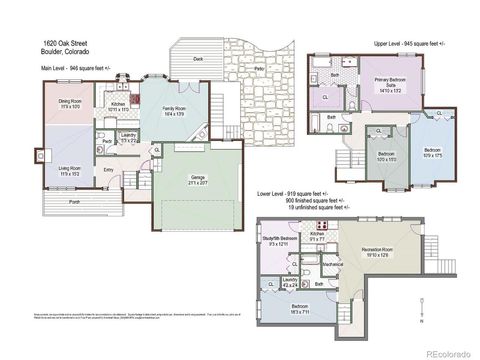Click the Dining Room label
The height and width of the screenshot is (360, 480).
[68, 104]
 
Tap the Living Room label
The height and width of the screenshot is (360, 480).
[68, 170]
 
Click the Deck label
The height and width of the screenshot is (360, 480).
[198, 59]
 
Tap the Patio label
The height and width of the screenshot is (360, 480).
[259, 68]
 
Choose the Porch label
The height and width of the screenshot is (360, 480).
[74, 201]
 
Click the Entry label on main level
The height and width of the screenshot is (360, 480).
[108, 170]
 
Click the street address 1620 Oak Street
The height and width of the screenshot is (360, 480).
[62, 43]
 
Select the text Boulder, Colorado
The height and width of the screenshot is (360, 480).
[62, 52]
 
